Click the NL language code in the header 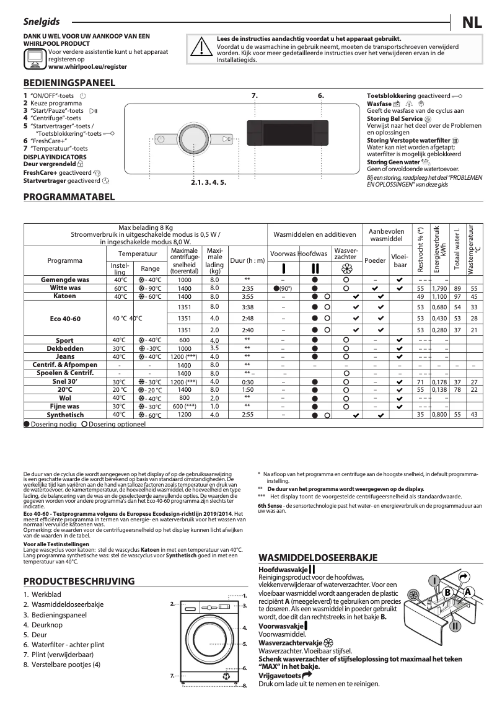point(473,24)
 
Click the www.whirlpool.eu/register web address point(80,67)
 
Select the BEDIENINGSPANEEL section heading point(69,82)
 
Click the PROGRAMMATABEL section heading point(69,197)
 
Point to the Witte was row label point(65,288)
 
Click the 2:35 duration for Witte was point(247,289)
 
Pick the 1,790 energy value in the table point(439,289)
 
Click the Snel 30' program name point(65,382)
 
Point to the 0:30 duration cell point(247,382)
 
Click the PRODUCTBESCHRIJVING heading point(79,581)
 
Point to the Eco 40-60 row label point(65,319)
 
